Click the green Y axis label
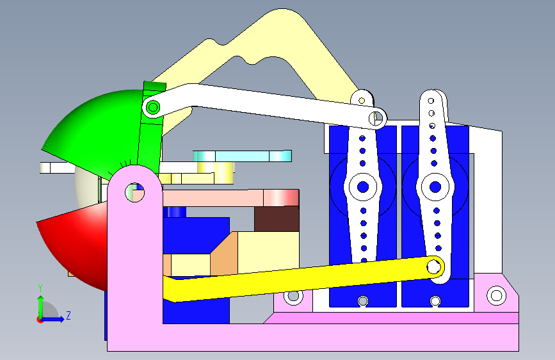[40, 288]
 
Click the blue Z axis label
[68, 315]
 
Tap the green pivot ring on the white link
[152, 107]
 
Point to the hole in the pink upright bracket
[134, 191]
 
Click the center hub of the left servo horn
[363, 187]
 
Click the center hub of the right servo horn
[435, 187]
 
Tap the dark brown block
[277, 218]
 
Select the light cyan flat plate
[243, 156]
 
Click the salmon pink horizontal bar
[230, 198]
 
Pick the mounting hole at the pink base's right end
[495, 295]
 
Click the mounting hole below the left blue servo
[363, 301]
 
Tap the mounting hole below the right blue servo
[435, 301]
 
